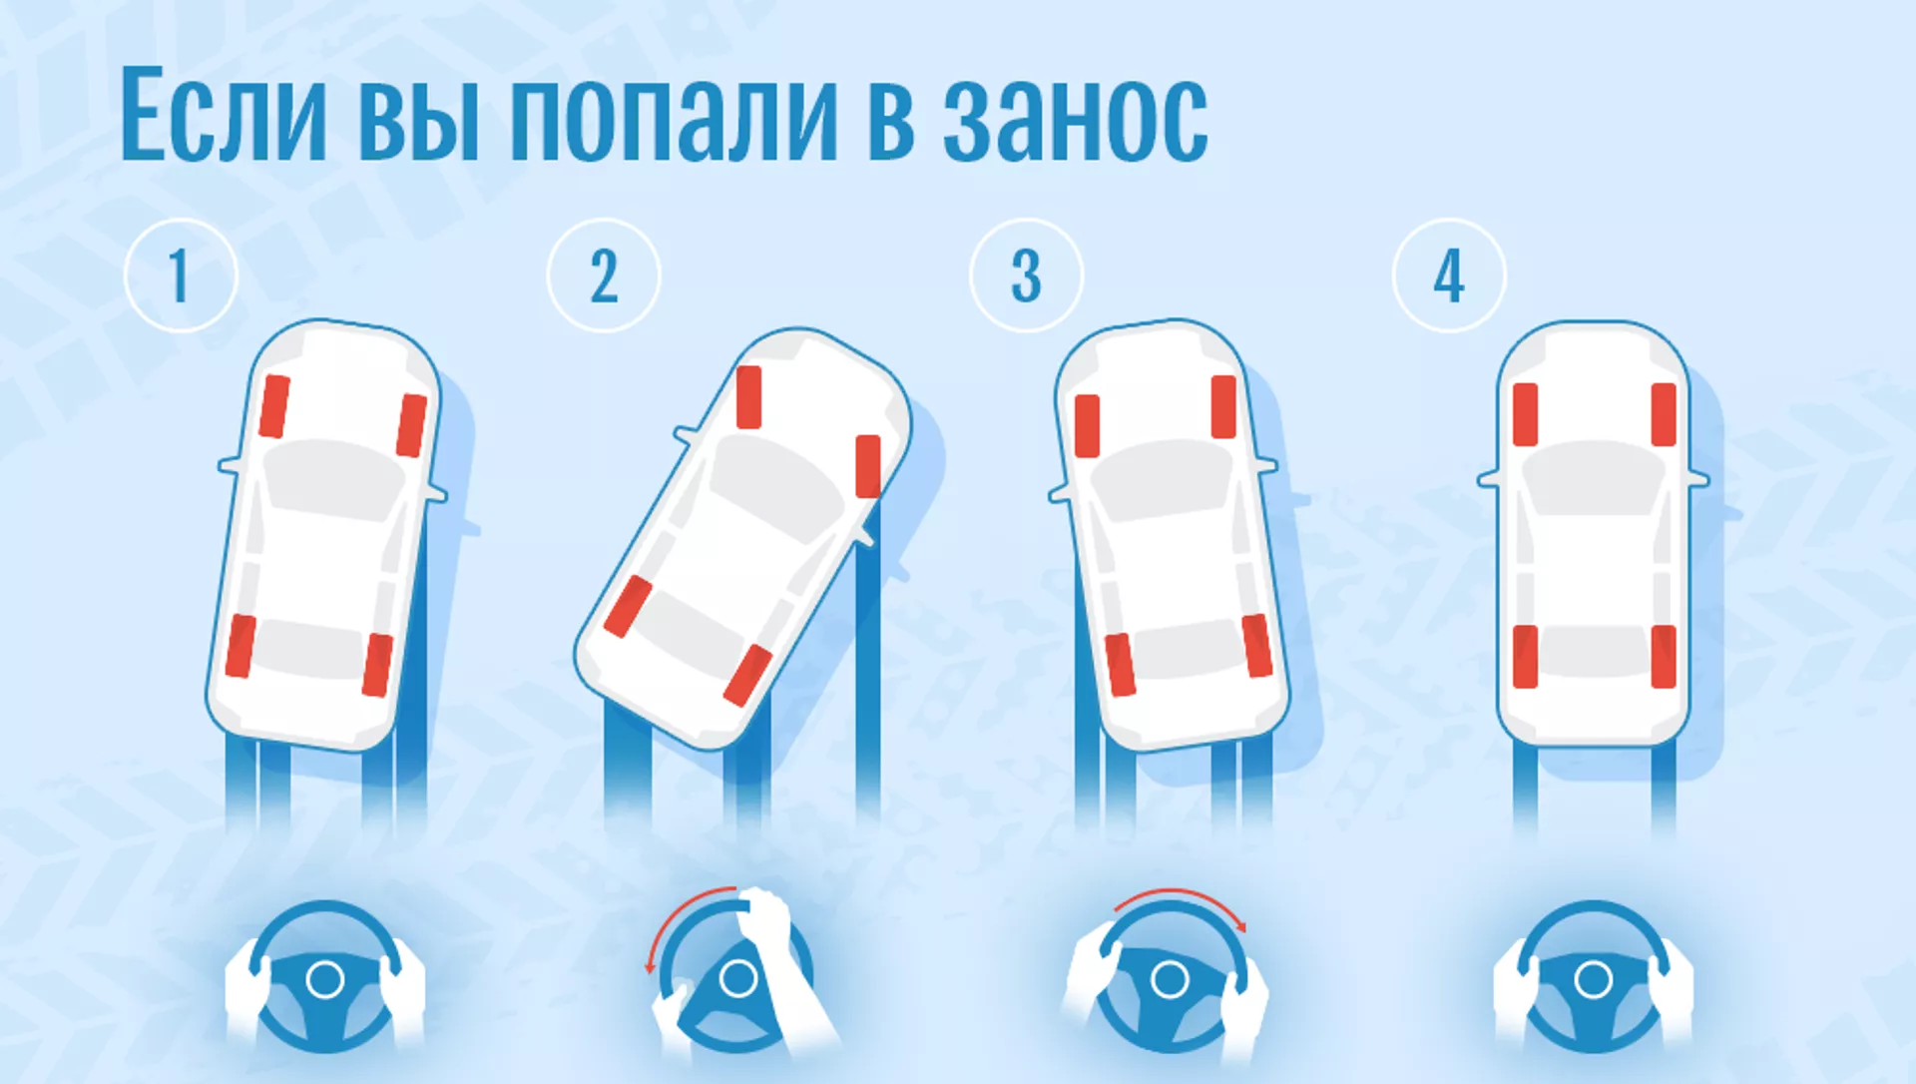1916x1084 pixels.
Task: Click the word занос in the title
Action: click(1075, 118)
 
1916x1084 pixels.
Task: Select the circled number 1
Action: click(181, 275)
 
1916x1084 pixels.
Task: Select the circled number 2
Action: click(604, 275)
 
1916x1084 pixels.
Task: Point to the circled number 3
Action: click(1026, 275)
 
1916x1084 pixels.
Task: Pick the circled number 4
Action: click(1449, 275)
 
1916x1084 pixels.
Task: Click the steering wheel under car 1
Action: click(325, 977)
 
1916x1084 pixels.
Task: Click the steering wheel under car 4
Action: click(1593, 977)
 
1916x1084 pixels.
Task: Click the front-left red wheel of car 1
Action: click(274, 406)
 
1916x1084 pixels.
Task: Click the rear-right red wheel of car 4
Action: click(1664, 657)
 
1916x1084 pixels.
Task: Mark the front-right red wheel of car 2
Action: click(868, 466)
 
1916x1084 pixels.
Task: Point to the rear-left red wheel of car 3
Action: click(1121, 664)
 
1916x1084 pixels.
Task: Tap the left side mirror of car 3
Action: click(1060, 493)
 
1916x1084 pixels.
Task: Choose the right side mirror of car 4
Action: click(1697, 480)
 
